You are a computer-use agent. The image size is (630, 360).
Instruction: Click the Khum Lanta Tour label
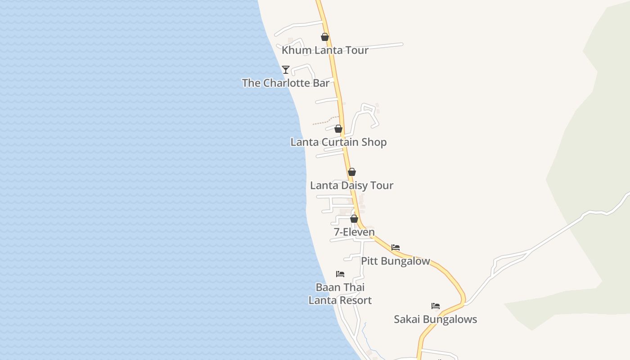click(325, 50)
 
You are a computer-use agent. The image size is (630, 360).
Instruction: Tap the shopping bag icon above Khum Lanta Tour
click(325, 37)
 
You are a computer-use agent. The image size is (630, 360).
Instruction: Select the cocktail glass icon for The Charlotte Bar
click(285, 70)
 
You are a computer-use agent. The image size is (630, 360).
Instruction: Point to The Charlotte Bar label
click(285, 83)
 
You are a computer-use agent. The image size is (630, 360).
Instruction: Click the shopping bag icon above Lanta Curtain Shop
click(338, 129)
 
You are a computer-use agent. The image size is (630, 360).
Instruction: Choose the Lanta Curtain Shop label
click(338, 142)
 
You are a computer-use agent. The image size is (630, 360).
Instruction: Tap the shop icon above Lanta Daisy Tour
click(352, 172)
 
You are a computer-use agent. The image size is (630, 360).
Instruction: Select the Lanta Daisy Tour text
click(352, 185)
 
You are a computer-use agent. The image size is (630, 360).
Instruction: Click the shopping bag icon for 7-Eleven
click(354, 219)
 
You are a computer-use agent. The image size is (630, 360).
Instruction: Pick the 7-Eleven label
click(354, 232)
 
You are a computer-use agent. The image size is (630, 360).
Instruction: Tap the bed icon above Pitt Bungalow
click(396, 247)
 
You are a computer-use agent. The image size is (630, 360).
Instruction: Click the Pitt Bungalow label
click(396, 261)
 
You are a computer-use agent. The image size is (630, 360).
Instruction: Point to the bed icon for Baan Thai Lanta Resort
click(340, 274)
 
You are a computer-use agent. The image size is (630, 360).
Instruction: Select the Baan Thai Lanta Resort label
click(340, 294)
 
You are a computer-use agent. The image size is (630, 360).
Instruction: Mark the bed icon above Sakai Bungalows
click(436, 306)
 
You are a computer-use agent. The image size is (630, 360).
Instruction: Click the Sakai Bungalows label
click(436, 319)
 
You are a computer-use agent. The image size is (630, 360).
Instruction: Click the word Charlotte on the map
click(284, 83)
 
